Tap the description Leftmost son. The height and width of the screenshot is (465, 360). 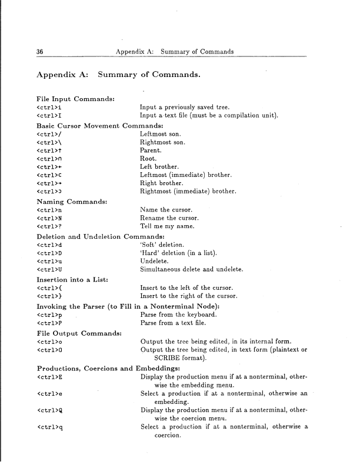pos(159,135)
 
